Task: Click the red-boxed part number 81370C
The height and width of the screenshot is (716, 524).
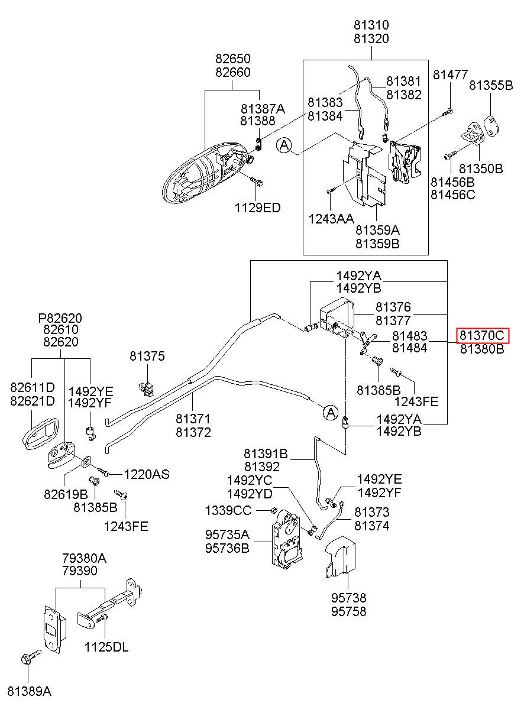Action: tap(482, 336)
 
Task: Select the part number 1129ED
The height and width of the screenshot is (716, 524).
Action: tap(257, 208)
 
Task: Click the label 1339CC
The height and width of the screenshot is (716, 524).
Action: tap(228, 510)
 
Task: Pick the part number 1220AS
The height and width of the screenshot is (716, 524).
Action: tap(147, 474)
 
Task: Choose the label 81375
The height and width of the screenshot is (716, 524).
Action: tap(147, 356)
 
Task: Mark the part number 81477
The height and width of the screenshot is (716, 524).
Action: tap(451, 75)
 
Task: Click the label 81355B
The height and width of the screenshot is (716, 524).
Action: tap(491, 85)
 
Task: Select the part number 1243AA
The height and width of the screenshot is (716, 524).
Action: tap(331, 219)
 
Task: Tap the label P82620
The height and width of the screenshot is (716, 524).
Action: tap(60, 318)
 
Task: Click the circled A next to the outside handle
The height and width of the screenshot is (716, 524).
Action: tap(284, 145)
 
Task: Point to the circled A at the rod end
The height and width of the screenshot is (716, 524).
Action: tap(331, 412)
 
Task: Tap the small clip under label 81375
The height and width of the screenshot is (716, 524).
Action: tap(147, 388)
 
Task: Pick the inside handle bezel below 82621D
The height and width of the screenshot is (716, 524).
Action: tap(41, 433)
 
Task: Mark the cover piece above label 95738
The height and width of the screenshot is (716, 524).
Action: tap(341, 558)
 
